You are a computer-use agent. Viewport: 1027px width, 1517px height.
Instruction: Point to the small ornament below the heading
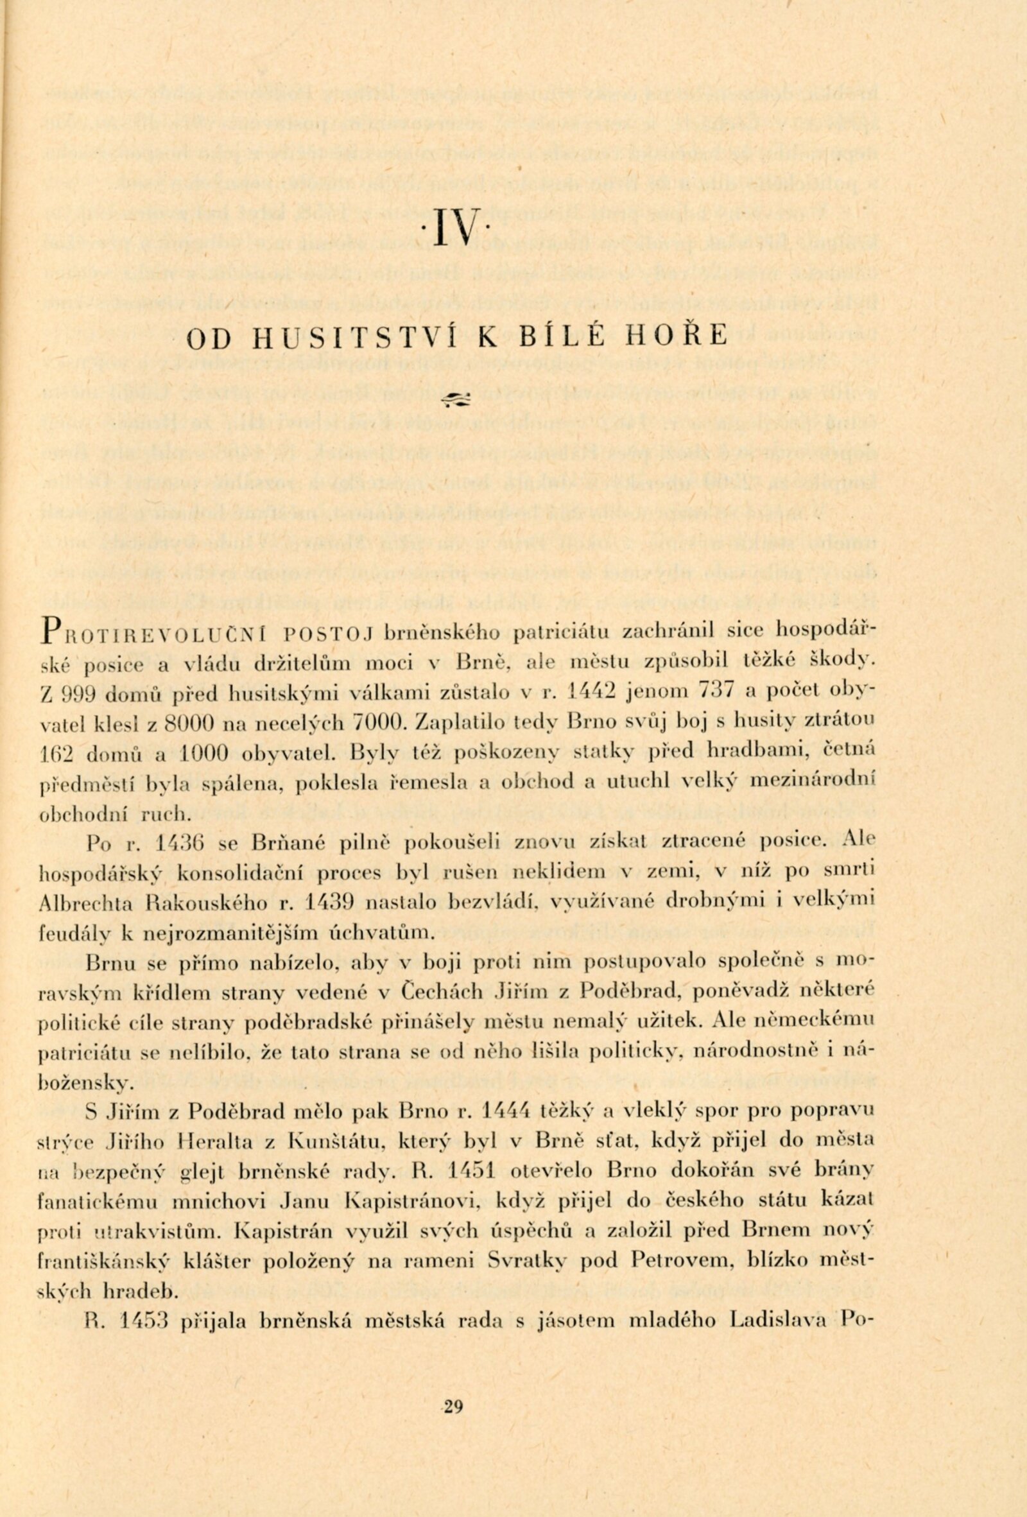click(x=459, y=399)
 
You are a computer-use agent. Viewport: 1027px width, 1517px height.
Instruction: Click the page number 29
click(x=452, y=1402)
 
